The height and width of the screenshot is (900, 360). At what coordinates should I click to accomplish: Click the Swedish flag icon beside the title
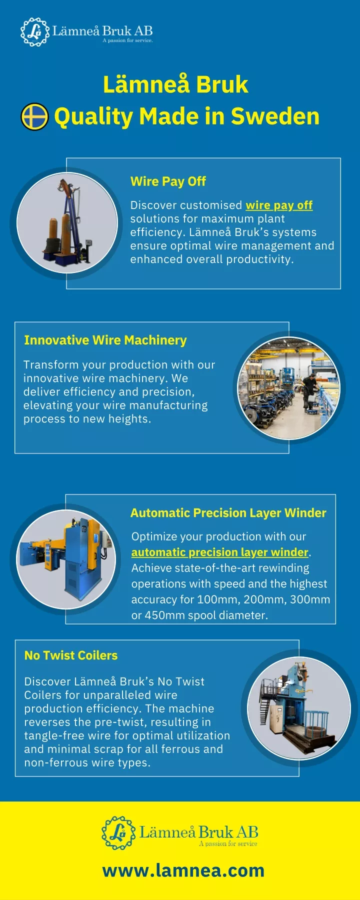[x=34, y=117]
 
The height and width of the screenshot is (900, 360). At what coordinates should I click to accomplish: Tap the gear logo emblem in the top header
[x=35, y=32]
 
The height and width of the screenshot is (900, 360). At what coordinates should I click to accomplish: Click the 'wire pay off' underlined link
[x=279, y=205]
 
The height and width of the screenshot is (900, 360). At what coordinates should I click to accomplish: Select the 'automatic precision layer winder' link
[x=220, y=552]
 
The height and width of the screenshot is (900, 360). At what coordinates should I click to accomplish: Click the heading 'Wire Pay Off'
[x=168, y=181]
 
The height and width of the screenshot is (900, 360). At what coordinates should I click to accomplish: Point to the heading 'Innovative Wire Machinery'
[x=105, y=340]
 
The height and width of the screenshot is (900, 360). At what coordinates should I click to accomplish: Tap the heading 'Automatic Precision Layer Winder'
[x=228, y=513]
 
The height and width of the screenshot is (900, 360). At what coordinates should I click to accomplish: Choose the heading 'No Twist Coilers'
[x=71, y=655]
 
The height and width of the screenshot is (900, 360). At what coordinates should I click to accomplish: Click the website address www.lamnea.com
[x=183, y=870]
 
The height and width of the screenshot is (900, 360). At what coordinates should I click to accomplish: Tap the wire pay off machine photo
[x=67, y=222]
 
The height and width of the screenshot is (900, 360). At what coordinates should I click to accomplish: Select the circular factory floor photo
[x=288, y=388]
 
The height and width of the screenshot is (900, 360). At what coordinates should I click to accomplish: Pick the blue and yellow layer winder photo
[x=66, y=559]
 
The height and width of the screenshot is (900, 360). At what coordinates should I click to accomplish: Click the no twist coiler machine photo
[x=299, y=708]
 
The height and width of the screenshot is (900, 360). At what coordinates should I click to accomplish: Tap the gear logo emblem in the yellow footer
[x=118, y=833]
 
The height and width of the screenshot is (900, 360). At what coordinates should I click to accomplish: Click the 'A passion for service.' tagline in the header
[x=127, y=40]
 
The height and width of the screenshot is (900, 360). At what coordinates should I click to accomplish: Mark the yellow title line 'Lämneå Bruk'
[x=175, y=84]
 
